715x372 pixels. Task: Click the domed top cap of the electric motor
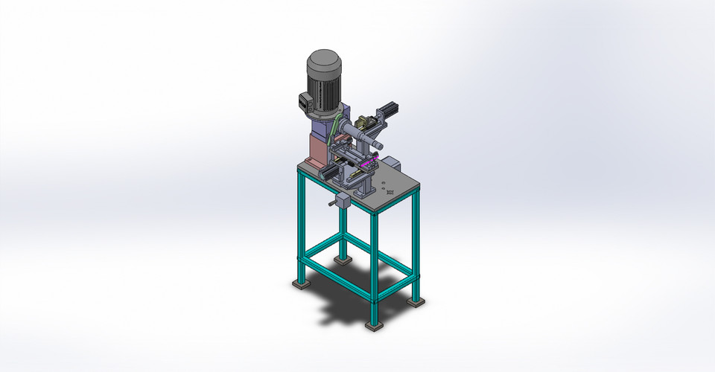pos(323,60)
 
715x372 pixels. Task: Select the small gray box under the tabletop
pos(343,202)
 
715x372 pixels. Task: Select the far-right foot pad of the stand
pos(416,301)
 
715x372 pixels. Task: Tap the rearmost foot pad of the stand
pos(342,260)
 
